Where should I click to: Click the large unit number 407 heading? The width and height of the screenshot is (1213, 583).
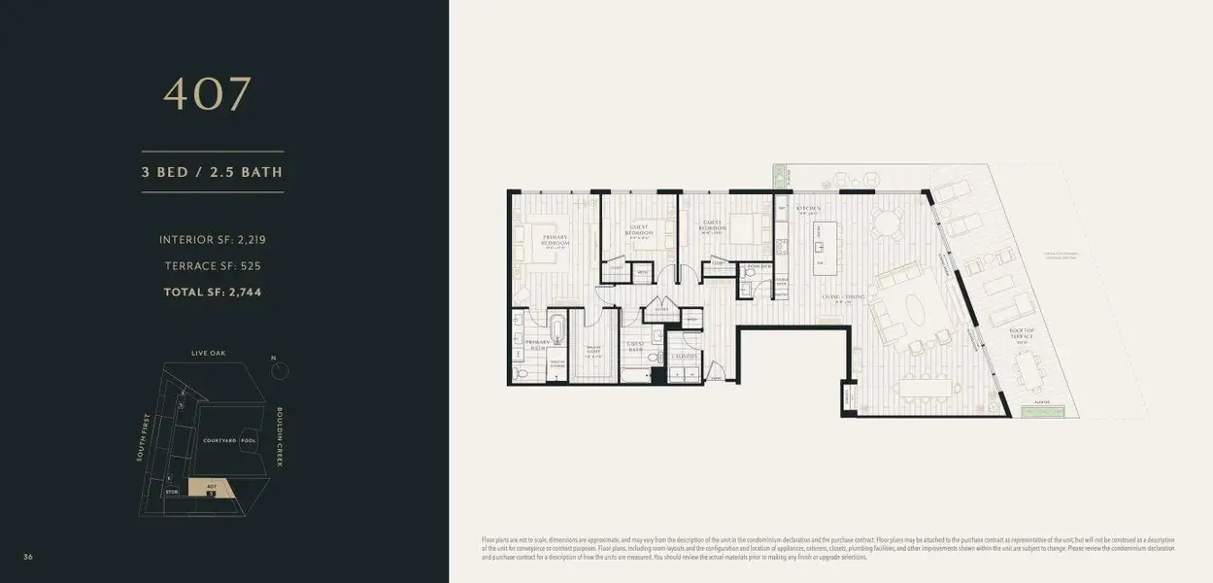pos(208,94)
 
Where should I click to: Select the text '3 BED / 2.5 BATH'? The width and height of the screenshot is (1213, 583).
pos(213,173)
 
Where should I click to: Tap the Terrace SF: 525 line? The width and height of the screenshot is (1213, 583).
pos(212,265)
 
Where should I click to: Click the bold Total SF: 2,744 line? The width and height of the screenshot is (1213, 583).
pos(212,291)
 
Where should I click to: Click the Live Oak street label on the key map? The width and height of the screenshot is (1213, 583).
pos(208,353)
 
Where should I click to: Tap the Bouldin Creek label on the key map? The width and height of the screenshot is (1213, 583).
pos(280,436)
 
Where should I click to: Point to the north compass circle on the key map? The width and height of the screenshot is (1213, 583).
pos(276,369)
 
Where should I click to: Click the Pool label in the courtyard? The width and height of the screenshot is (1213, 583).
pos(249,440)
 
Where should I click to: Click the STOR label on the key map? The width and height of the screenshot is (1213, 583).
pos(172,493)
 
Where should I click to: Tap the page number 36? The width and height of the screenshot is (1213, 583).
pos(29,556)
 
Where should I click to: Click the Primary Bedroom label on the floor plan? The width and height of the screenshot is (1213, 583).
pos(556,242)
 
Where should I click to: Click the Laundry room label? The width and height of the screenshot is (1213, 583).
pos(684,357)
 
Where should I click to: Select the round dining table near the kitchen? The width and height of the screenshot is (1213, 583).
pos(885,223)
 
